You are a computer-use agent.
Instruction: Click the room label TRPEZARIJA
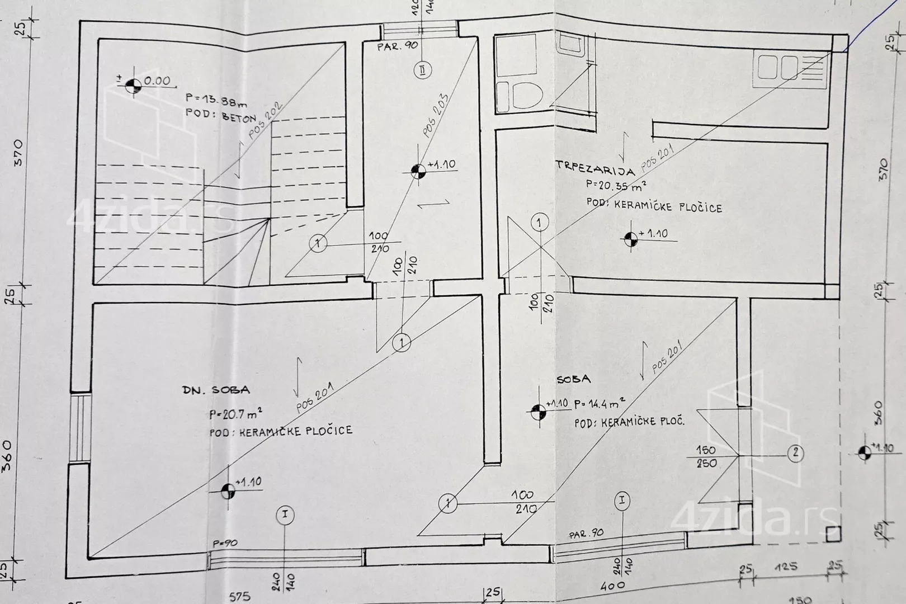click(x=594, y=168)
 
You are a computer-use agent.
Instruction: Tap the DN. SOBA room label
click(x=216, y=390)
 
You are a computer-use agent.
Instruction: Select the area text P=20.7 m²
click(x=235, y=414)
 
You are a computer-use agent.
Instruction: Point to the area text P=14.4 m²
click(x=599, y=404)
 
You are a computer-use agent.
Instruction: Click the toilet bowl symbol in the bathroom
click(x=526, y=95)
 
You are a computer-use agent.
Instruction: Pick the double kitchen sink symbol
click(x=777, y=67)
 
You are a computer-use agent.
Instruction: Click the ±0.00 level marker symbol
click(x=133, y=86)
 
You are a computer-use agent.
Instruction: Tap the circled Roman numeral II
click(x=423, y=70)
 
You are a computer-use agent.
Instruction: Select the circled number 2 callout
click(x=795, y=453)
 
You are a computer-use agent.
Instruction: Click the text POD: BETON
click(x=220, y=115)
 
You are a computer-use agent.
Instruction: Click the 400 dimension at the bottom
click(x=613, y=586)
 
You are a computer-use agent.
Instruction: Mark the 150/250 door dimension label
click(x=706, y=456)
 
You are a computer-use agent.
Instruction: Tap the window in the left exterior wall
click(x=79, y=428)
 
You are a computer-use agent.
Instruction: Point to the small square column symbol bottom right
click(x=833, y=535)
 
